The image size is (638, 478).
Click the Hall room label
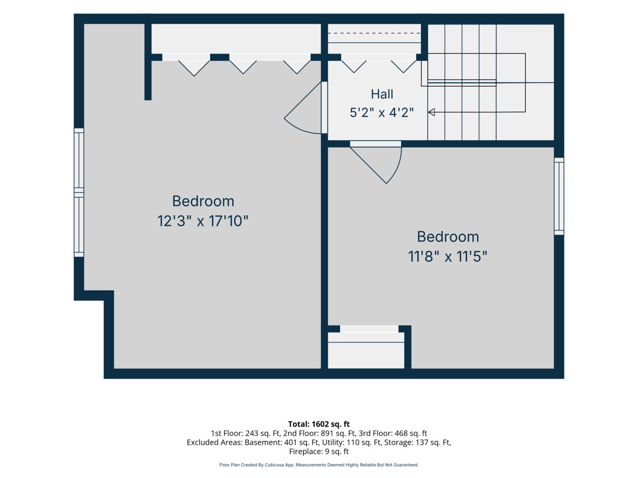[x=381, y=94]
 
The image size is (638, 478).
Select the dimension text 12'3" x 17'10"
[x=202, y=221]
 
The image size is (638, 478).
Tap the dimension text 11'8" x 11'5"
[x=447, y=256]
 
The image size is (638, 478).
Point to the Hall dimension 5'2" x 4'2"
[x=381, y=112]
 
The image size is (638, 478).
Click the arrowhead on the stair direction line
[x=432, y=112]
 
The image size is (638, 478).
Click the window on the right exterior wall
[x=559, y=196]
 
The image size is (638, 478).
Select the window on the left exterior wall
[x=79, y=193]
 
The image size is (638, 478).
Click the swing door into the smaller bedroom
[x=376, y=162]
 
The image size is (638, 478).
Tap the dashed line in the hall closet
[x=374, y=33]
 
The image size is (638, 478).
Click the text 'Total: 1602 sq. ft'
[x=319, y=424]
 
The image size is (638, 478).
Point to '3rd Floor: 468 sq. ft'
[x=393, y=433]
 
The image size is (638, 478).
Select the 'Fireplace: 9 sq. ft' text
[x=319, y=451]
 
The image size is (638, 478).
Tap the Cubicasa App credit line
[x=319, y=465]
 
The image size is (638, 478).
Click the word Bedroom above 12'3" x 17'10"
[x=203, y=201]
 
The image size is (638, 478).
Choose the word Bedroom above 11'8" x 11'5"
[x=448, y=236]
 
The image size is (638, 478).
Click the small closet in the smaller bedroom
[x=366, y=350]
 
